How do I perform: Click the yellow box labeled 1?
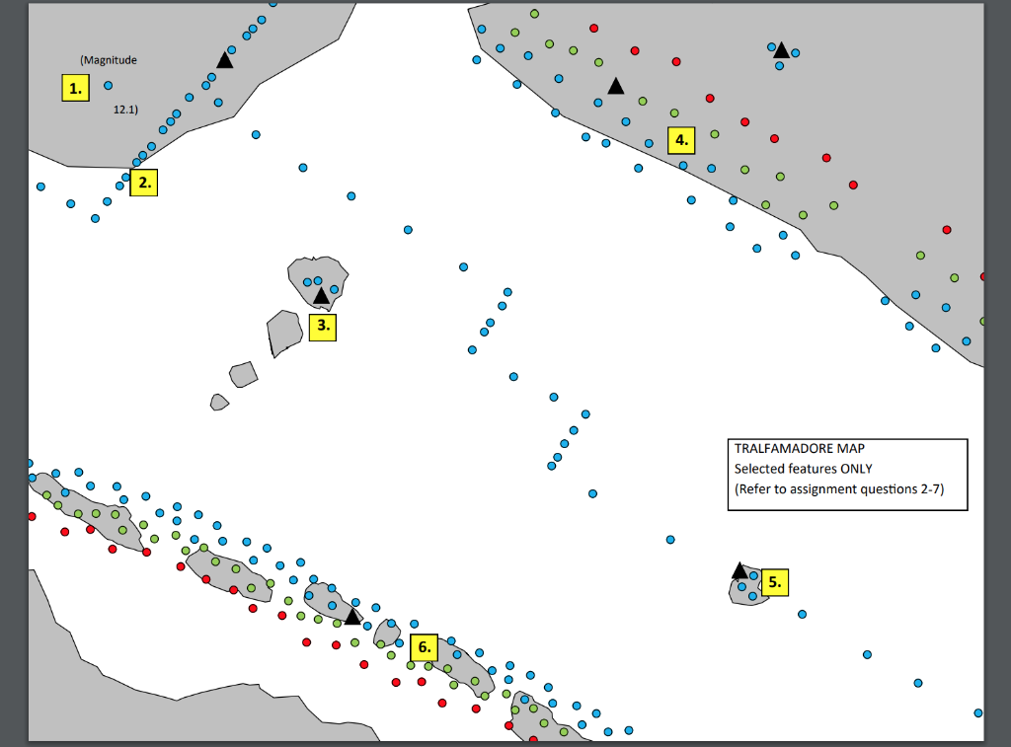[x=74, y=89]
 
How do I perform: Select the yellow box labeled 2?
[x=144, y=183]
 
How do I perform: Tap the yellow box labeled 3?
[x=323, y=327]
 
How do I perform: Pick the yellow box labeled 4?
[x=681, y=140]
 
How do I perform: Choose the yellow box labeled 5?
[x=775, y=583]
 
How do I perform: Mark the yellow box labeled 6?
[x=424, y=647]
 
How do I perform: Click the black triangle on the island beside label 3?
[x=321, y=295]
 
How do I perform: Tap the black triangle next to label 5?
[x=739, y=570]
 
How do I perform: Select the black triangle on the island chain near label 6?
[x=352, y=615]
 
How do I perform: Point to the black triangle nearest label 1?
[x=225, y=60]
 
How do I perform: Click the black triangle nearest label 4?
[x=616, y=87]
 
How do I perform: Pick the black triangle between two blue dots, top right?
[x=781, y=50]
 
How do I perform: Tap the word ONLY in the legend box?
[x=853, y=469]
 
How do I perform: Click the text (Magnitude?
[x=109, y=60]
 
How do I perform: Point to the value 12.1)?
[x=125, y=110]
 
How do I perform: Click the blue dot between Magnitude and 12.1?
[x=109, y=86]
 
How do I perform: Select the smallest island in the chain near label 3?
[x=219, y=402]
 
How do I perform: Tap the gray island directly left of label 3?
[x=284, y=332]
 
